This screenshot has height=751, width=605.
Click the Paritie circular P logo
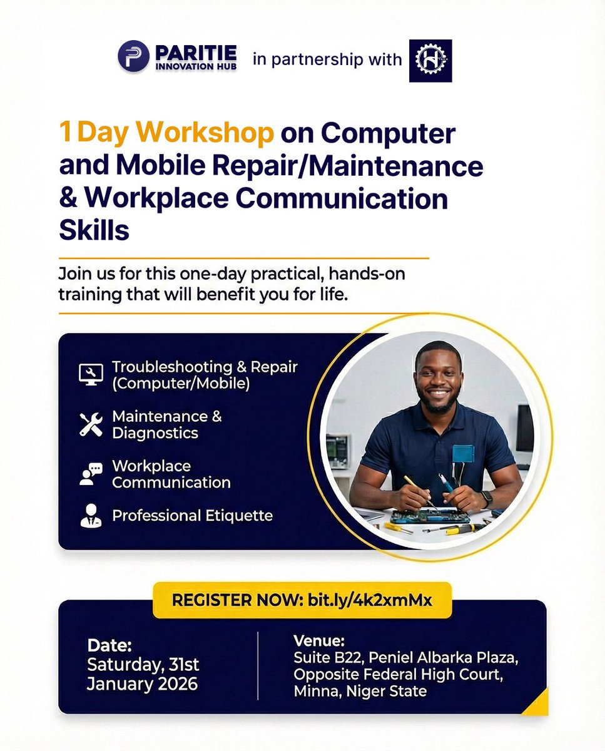[x=133, y=57]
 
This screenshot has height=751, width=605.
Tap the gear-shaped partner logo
[x=430, y=61]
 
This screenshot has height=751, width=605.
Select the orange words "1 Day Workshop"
[x=167, y=133]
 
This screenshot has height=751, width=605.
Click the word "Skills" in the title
[x=94, y=230]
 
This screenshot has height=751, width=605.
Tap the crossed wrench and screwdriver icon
[x=91, y=424]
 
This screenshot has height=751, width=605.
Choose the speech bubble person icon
[x=91, y=474]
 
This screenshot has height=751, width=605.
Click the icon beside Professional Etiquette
[x=91, y=516]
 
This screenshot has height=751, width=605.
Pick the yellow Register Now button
[x=302, y=600]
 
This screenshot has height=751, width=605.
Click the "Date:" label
[x=109, y=645]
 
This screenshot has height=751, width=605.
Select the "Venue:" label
[x=319, y=641]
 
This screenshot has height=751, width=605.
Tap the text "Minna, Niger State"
[x=360, y=692]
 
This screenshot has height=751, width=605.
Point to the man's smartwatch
[x=487, y=499]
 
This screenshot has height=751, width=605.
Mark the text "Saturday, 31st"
[x=143, y=664]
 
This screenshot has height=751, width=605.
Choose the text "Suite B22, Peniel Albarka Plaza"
[x=406, y=658]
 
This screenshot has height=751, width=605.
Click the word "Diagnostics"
[x=155, y=432]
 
